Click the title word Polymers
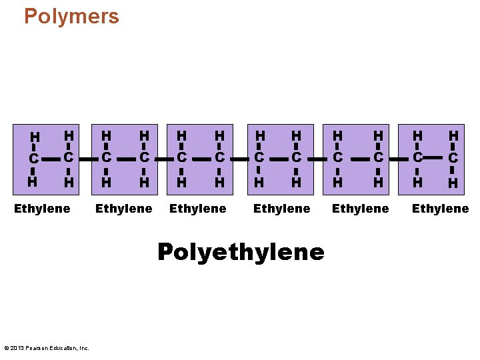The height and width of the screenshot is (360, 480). tap(71, 16)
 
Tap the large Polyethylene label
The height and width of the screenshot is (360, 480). tap(241, 252)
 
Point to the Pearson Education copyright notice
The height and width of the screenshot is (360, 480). tap(47, 348)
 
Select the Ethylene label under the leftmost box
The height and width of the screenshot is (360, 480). tap(42, 209)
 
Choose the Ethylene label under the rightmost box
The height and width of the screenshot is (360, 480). tap(440, 209)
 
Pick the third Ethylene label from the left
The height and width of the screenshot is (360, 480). tap(198, 209)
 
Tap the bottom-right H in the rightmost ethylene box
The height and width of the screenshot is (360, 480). tap(453, 181)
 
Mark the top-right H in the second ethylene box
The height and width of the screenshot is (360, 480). tap(143, 135)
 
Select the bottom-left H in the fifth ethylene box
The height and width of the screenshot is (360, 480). tap(338, 181)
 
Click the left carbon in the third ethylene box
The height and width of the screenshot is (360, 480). tap(181, 158)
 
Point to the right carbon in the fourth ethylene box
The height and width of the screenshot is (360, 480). tap(297, 158)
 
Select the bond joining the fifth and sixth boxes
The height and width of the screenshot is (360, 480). tap(398, 159)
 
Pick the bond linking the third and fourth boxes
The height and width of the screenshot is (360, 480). tap(239, 159)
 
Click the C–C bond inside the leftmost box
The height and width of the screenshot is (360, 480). tap(50, 159)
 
